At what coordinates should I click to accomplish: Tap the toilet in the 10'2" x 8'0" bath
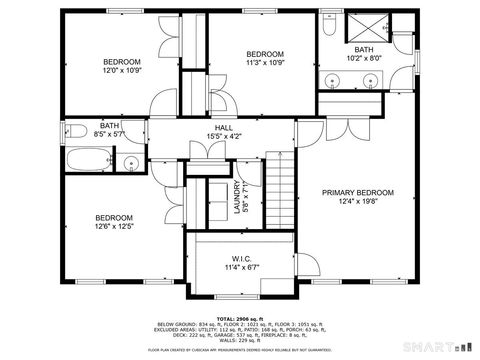click(x=329, y=33)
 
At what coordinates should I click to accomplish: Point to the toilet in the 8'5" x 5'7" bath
click(x=78, y=129)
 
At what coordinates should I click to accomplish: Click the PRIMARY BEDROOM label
click(x=357, y=192)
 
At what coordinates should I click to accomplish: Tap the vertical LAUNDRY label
click(x=237, y=196)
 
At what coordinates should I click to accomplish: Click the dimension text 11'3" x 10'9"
click(x=266, y=63)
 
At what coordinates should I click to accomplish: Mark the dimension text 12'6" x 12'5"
click(x=115, y=227)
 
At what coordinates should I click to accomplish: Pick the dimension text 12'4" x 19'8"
click(x=357, y=202)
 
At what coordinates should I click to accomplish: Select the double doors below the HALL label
click(x=206, y=149)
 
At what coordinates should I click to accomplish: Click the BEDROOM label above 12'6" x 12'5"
click(x=114, y=217)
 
